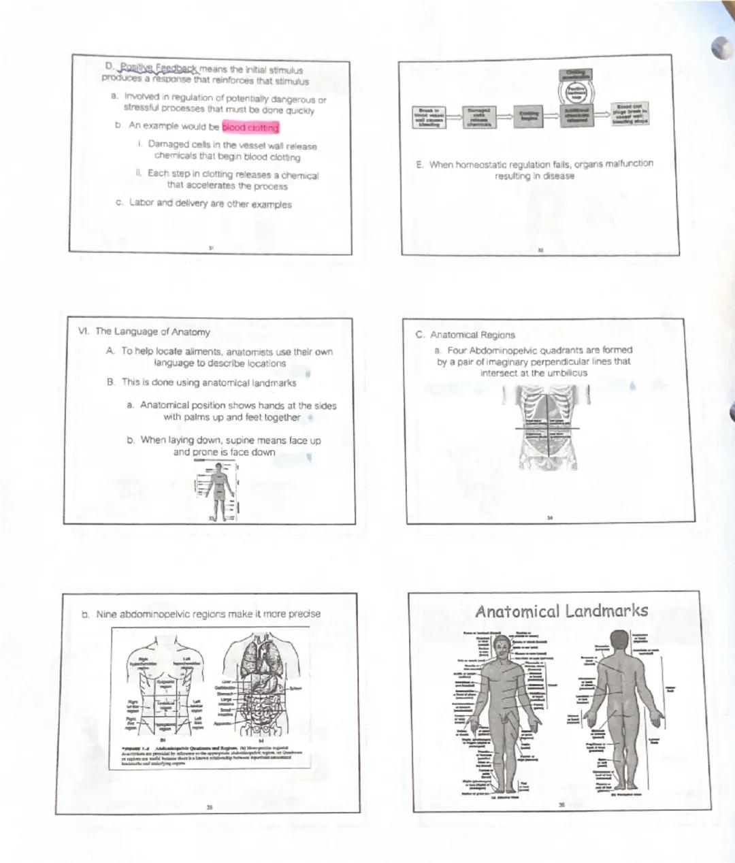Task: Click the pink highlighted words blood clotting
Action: [x=250, y=127]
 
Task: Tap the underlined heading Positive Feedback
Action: [x=158, y=68]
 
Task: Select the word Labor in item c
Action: [x=142, y=202]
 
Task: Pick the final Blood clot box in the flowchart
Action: [x=630, y=114]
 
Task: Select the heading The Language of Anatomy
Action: [x=152, y=331]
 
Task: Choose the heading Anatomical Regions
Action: [x=472, y=335]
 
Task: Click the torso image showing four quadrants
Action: [x=547, y=427]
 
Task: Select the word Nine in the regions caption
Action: [x=106, y=614]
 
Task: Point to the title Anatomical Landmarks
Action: [x=561, y=610]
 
